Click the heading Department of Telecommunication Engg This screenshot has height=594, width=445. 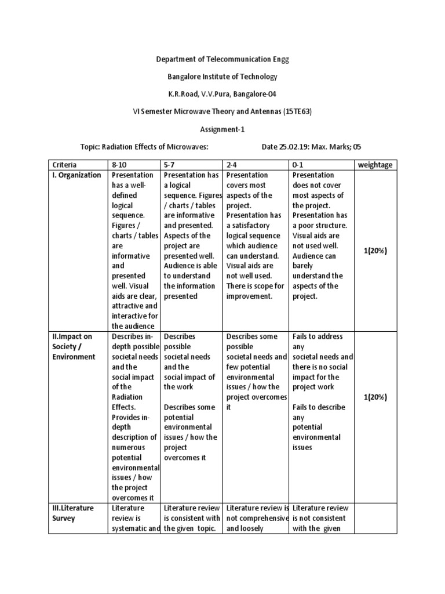222,59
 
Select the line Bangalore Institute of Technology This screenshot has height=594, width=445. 222,77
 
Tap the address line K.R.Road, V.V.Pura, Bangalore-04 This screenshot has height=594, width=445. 222,94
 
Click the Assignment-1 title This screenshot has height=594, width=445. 222,129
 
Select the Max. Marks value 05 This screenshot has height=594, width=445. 363,147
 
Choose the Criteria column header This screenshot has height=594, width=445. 64,165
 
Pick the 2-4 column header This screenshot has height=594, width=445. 234,165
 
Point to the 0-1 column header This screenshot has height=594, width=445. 300,165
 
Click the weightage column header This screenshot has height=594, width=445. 375,165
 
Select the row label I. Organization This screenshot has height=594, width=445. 76,175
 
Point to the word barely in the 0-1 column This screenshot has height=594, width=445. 303,266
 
